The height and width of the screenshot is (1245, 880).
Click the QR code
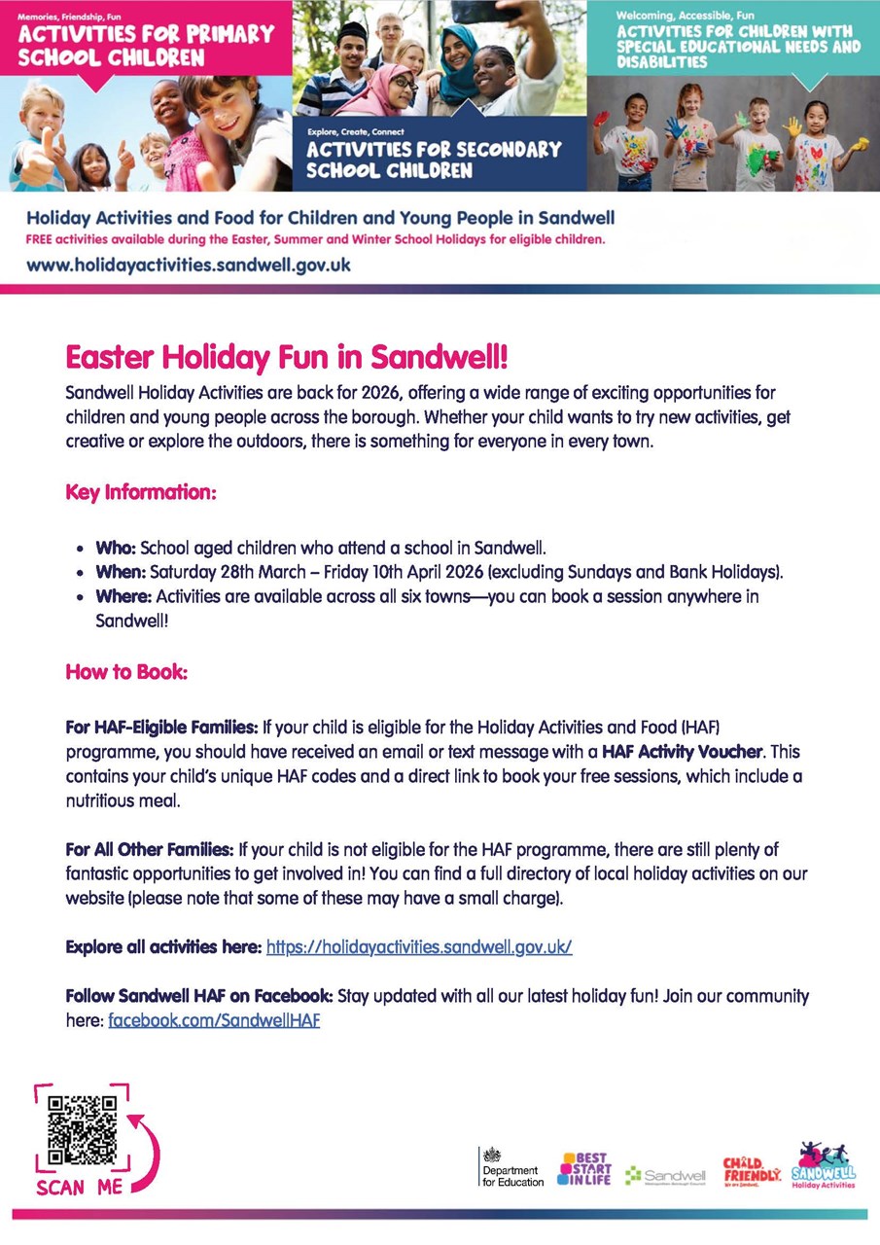(83, 1131)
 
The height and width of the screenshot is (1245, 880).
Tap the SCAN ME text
(81, 1188)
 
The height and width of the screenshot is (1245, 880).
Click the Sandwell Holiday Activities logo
(824, 1166)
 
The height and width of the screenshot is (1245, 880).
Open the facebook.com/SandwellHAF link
(214, 1021)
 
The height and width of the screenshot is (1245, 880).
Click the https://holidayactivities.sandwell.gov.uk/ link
(419, 946)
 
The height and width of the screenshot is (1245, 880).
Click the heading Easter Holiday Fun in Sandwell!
(287, 357)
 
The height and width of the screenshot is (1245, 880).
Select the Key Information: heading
(140, 492)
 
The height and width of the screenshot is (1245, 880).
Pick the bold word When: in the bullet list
(121, 571)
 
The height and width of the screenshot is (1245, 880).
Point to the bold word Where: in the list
(123, 596)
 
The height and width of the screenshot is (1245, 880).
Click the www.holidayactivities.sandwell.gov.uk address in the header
(189, 265)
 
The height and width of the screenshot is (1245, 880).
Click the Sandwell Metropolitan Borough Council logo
(666, 1176)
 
